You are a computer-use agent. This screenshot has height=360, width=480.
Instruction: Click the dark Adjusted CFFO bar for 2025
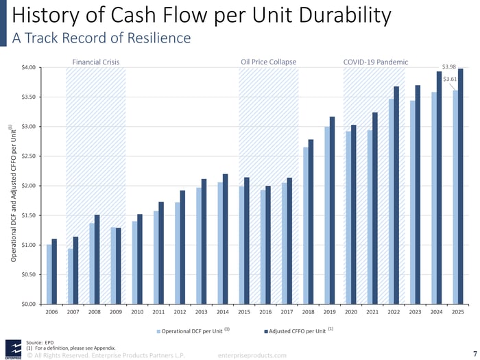pos(461,187)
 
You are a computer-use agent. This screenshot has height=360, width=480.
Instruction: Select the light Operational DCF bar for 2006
pos(49,274)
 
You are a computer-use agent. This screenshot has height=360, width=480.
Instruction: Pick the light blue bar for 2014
pos(219,243)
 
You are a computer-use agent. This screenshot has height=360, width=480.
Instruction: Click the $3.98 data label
pos(449,67)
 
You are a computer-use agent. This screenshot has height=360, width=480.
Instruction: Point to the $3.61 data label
pos(450,80)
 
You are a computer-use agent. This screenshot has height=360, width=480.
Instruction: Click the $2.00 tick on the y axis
pos(29,186)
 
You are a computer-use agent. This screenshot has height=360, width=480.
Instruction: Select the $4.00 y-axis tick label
pos(29,67)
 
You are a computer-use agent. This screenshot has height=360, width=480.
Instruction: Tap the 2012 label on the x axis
pos(180,312)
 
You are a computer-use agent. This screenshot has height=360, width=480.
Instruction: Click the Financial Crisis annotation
pos(96,62)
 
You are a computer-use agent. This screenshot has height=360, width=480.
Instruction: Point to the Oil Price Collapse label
pos(269,62)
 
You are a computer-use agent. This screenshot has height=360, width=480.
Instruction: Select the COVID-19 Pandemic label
pos(375,62)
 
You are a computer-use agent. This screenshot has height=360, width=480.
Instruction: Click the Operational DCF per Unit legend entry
pos(192,331)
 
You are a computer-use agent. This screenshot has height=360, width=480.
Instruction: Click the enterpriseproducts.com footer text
pos(252,355)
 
